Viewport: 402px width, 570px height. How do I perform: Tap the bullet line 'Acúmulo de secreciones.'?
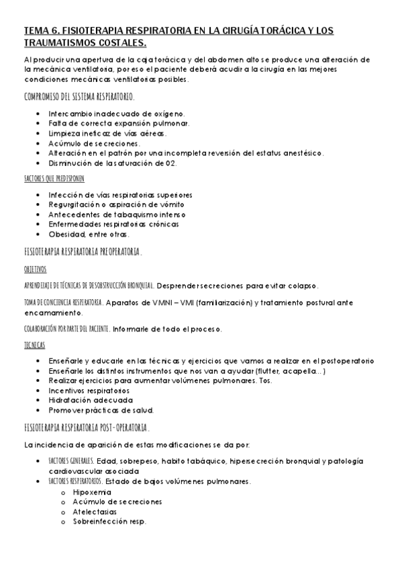pyautogui.click(x=94, y=143)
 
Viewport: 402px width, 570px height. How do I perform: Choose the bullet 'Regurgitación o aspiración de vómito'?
pyautogui.click(x=116, y=204)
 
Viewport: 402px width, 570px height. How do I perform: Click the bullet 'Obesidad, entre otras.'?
pyautogui.click(x=89, y=234)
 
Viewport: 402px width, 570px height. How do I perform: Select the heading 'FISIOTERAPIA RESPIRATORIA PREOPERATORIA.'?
pyautogui.click(x=82, y=251)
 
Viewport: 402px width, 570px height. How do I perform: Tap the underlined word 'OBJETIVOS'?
pyautogui.click(x=35, y=268)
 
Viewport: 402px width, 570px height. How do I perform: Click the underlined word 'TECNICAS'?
pyautogui.click(x=34, y=345)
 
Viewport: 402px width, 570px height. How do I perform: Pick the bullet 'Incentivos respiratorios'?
pyautogui.click(x=91, y=390)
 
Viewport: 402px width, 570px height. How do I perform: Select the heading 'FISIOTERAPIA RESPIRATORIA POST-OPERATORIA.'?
pyautogui.click(x=87, y=427)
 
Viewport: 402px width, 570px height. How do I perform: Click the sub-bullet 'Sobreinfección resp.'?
pyautogui.click(x=109, y=522)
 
